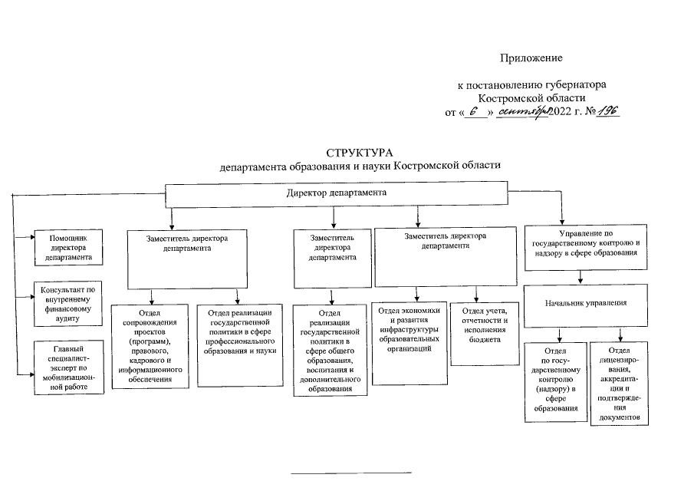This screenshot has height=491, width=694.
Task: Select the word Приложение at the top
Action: pyautogui.click(x=531, y=58)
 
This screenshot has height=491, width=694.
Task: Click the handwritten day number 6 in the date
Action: pyautogui.click(x=475, y=112)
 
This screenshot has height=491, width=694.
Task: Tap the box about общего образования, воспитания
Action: pyautogui.click(x=331, y=349)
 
